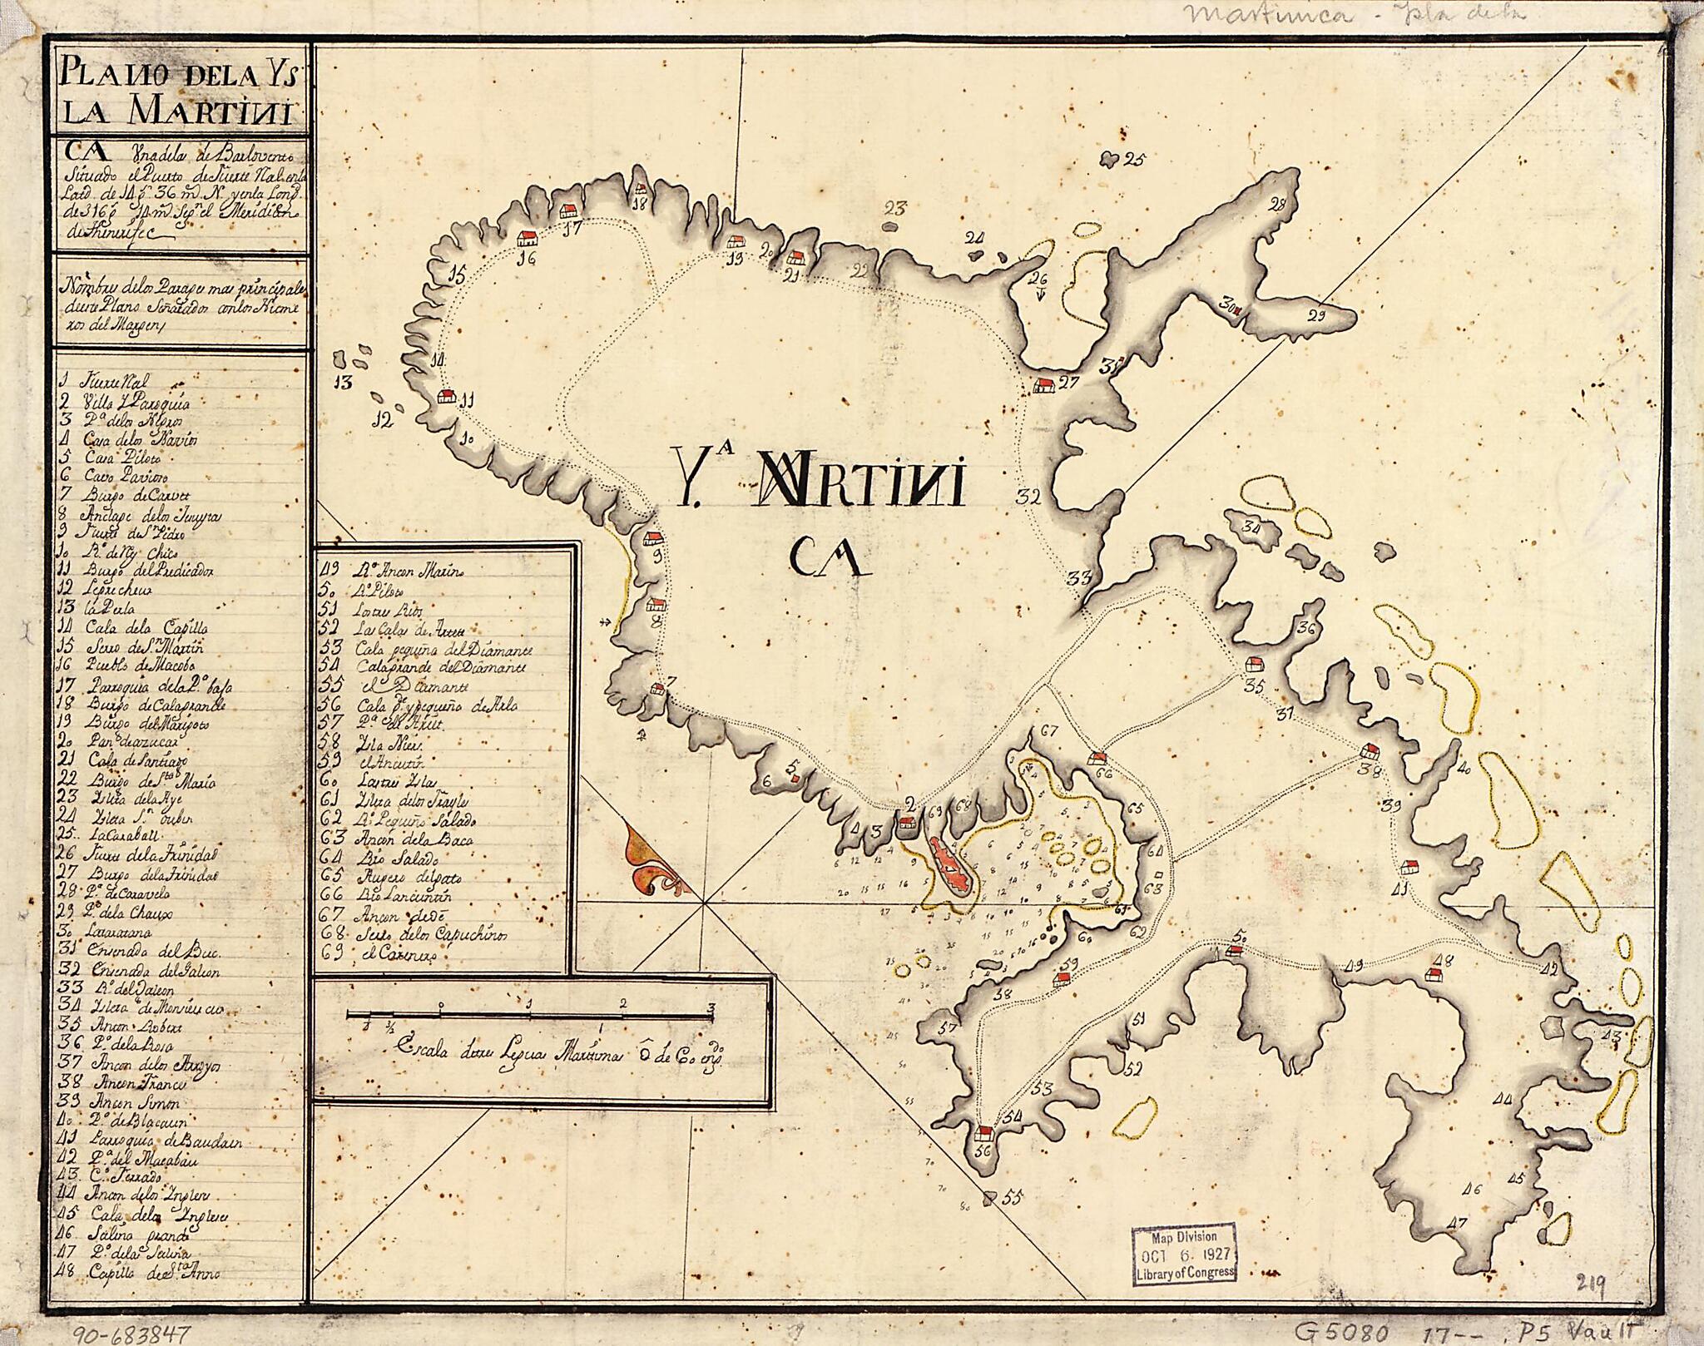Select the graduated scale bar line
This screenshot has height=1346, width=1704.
coord(529,1015)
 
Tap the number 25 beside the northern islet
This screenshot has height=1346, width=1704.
coord(1133,160)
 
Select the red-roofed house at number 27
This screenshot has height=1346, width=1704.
coord(1043,385)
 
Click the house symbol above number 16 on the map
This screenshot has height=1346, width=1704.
coord(528,238)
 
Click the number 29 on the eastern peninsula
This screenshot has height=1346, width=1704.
coord(1315,314)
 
